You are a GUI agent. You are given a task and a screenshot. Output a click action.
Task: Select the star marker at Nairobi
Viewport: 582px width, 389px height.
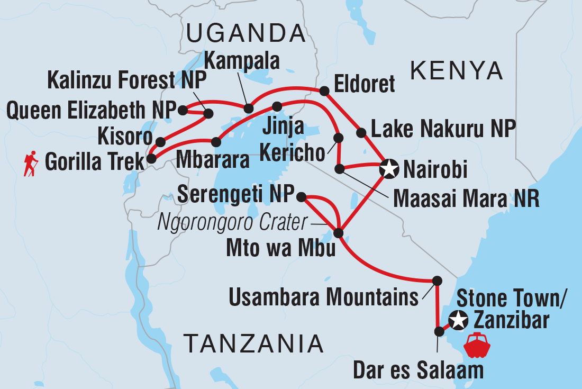(389, 169)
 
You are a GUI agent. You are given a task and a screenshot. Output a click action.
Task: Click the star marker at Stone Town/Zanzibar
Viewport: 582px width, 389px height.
(458, 320)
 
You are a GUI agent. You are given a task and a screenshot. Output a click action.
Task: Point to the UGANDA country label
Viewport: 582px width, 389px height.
(246, 34)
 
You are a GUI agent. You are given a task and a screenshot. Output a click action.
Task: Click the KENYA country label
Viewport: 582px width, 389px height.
(457, 70)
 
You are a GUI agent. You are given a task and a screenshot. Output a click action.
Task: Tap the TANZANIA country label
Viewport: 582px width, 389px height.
(253, 344)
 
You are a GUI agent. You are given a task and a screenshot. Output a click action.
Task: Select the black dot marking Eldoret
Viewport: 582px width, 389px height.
(324, 91)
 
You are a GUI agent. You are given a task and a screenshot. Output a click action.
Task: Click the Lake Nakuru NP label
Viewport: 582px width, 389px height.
(443, 129)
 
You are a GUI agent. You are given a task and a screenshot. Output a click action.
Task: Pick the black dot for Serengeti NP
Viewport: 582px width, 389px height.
(301, 197)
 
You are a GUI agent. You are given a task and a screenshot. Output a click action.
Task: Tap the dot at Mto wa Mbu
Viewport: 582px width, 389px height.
(339, 233)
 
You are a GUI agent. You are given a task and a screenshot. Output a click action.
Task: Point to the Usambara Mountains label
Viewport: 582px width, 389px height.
(323, 298)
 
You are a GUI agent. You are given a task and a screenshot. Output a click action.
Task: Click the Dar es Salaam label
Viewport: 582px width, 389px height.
(418, 370)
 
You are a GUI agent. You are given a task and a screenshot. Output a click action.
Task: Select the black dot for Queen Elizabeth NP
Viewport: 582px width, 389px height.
(183, 110)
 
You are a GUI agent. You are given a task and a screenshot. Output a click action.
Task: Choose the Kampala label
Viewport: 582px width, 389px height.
(242, 61)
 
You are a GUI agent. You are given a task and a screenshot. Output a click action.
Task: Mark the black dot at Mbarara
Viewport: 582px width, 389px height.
(216, 142)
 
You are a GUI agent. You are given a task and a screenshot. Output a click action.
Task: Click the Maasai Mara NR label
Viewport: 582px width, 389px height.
(465, 200)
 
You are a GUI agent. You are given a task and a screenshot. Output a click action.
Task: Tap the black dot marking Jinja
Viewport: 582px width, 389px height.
(277, 106)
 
